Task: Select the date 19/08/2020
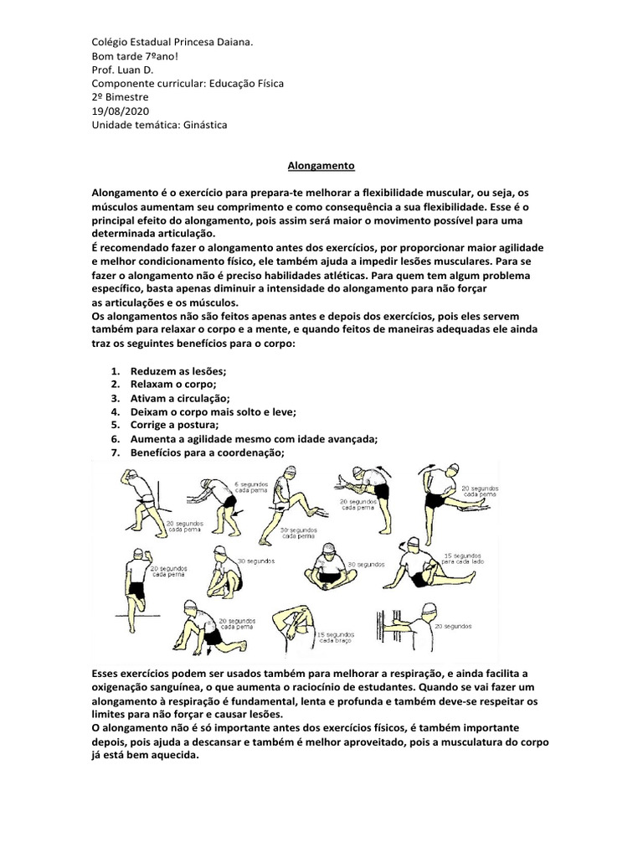(x=118, y=111)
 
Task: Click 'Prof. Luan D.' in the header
(x=124, y=70)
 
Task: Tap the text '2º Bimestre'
(x=120, y=97)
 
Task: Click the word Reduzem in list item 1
(x=153, y=371)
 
